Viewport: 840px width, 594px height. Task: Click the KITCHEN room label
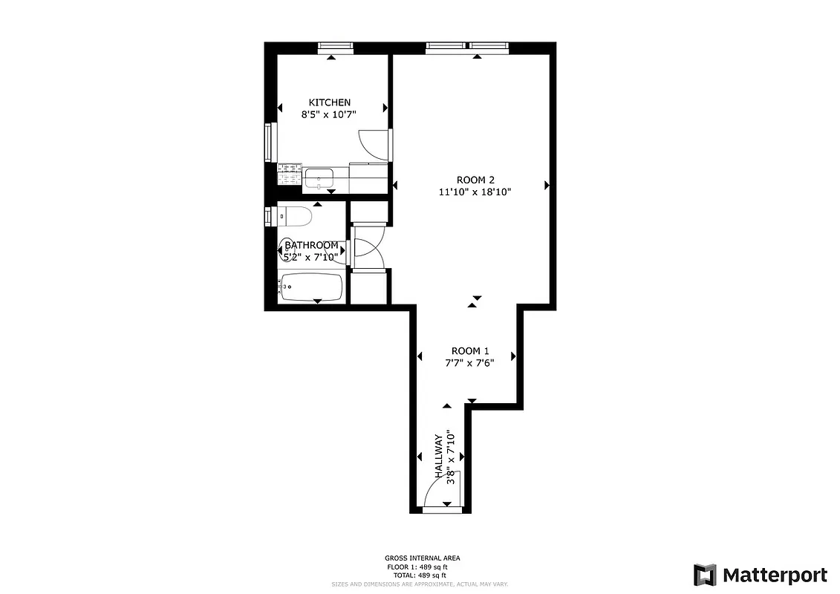[x=330, y=102]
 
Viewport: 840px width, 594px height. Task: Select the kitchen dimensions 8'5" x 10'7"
[x=330, y=115]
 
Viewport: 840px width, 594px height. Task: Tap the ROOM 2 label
[x=475, y=180]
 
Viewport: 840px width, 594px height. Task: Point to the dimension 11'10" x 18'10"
[x=475, y=192]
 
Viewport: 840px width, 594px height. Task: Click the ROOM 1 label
[x=470, y=351]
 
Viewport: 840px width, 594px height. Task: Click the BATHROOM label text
[x=312, y=245]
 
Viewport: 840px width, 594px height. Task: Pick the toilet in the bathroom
[x=295, y=217]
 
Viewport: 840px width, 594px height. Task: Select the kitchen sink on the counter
[x=319, y=178]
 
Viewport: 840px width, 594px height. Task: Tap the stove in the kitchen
[x=289, y=175]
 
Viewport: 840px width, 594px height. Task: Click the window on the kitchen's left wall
[x=271, y=142]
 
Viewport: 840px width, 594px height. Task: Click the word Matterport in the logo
[x=775, y=575]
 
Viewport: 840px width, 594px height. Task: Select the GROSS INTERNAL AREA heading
[x=422, y=558]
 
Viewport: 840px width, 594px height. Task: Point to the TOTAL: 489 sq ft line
[x=420, y=575]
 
